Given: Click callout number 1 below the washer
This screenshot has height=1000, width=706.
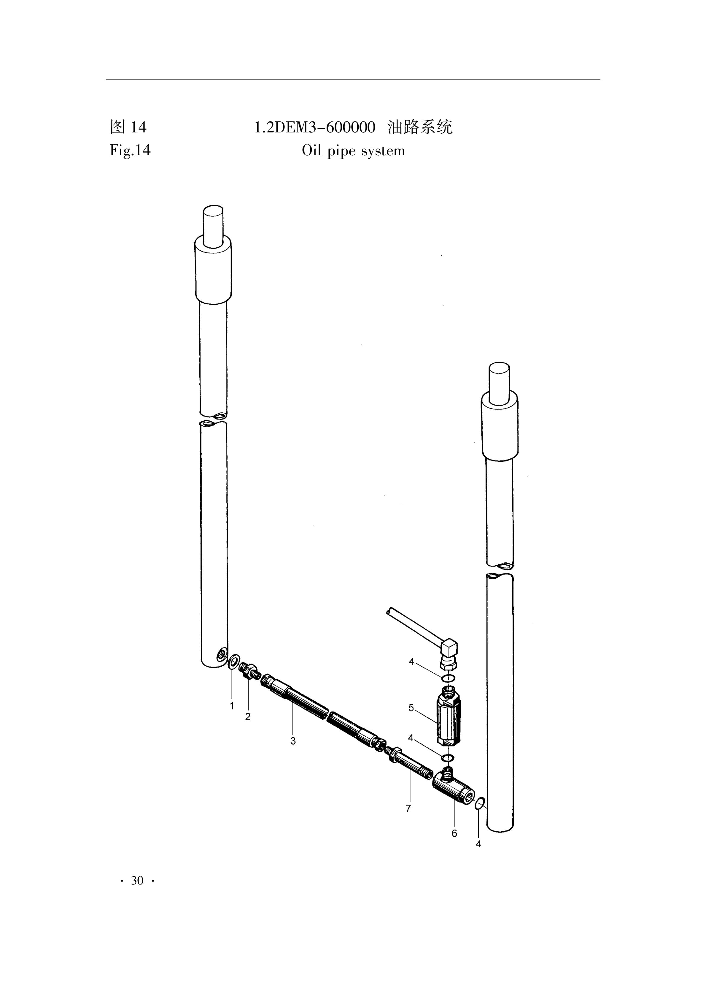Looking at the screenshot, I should point(232,705).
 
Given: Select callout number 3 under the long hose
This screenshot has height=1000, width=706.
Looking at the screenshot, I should point(293,741).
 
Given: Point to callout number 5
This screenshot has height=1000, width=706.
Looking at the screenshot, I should point(411,708).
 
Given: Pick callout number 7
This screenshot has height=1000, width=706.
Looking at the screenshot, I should point(408,796).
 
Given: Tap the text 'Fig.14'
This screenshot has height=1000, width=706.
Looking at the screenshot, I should point(130,150).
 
